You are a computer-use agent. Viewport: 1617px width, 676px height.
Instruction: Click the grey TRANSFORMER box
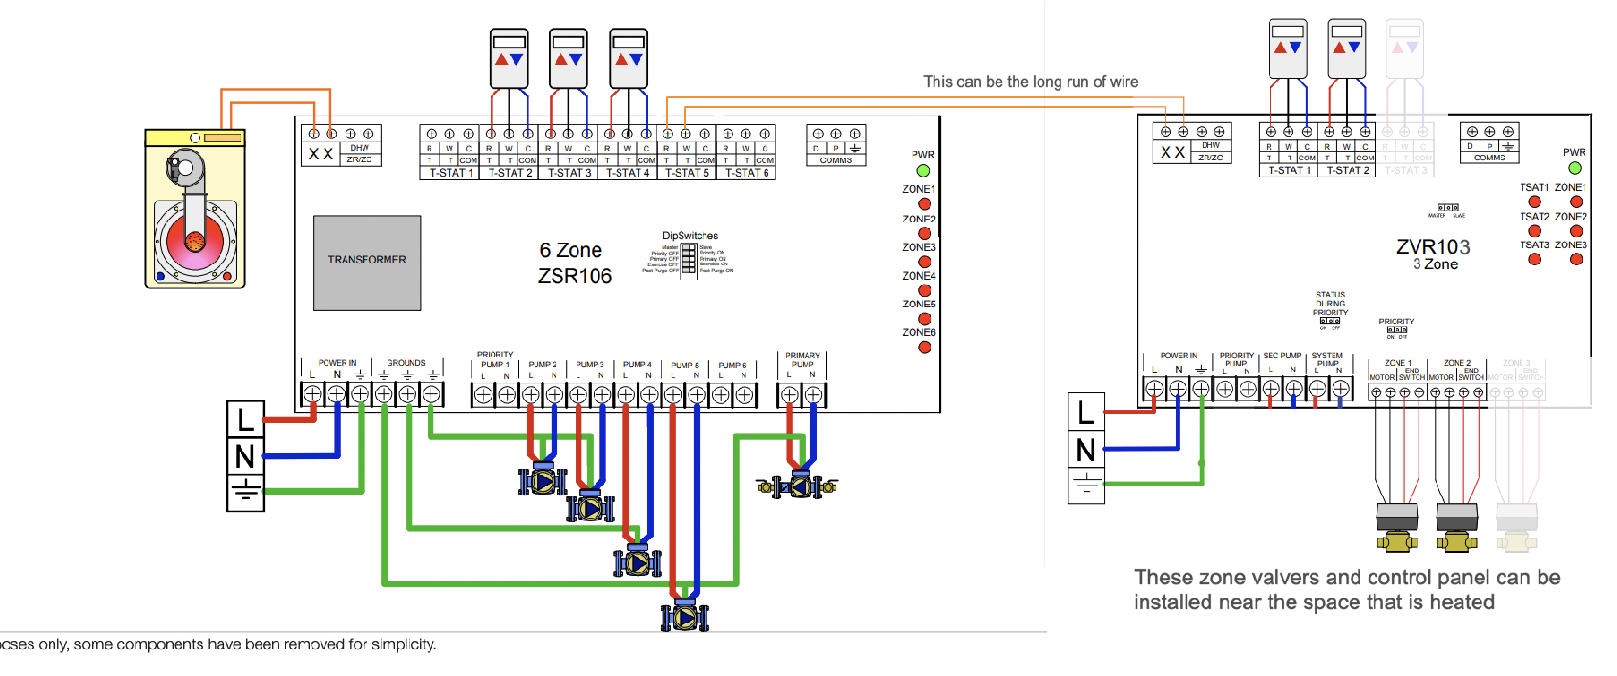click(367, 263)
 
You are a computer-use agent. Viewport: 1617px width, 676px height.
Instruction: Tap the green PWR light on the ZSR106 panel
click(923, 171)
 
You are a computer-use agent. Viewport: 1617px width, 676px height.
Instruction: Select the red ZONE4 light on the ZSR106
click(924, 290)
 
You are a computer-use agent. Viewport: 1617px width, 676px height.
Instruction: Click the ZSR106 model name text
click(575, 276)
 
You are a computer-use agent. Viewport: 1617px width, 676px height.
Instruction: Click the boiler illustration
click(196, 209)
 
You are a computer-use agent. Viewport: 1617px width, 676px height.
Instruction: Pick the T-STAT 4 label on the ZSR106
click(627, 173)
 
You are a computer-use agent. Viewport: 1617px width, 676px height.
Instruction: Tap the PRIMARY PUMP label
click(802, 359)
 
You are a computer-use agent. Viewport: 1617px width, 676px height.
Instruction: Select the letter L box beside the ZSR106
click(245, 419)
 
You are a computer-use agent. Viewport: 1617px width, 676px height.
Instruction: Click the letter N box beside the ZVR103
click(1086, 449)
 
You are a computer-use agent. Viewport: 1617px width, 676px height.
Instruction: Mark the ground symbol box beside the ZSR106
click(245, 493)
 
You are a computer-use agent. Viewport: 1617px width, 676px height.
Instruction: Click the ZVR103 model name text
click(1433, 247)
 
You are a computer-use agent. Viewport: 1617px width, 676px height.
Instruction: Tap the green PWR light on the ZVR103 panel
click(1575, 168)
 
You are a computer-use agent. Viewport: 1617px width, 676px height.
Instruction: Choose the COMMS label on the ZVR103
click(1489, 158)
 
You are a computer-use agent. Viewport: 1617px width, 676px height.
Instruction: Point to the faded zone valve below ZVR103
click(1517, 527)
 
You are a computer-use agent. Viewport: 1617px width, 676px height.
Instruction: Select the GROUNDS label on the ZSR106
click(406, 363)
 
